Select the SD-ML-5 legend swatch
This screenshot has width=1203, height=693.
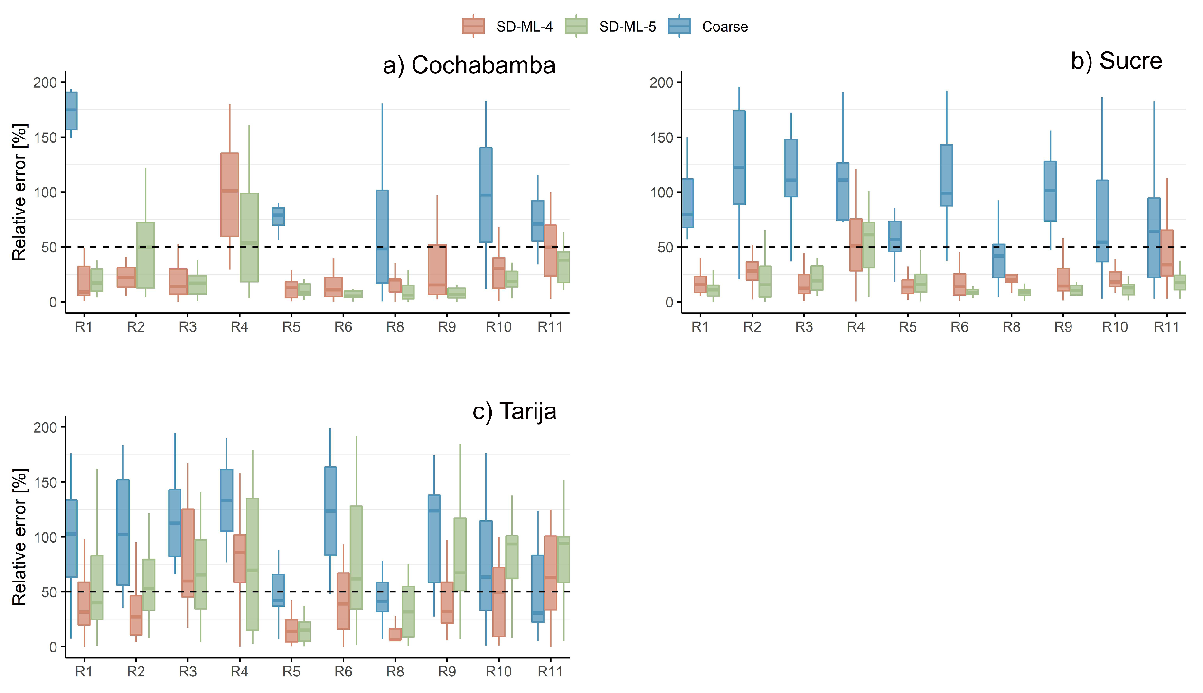tap(576, 26)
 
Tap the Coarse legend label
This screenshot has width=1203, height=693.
tap(724, 27)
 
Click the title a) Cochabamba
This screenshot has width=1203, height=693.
tap(469, 65)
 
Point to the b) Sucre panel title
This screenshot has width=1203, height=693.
tap(1116, 61)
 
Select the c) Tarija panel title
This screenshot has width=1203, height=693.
tap(514, 411)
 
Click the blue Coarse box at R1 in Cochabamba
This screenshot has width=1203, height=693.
tap(71, 111)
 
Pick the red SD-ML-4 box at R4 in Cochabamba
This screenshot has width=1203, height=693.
tap(230, 194)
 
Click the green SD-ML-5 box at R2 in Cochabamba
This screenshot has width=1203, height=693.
tap(145, 255)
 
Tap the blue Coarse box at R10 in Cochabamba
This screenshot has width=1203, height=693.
tap(486, 194)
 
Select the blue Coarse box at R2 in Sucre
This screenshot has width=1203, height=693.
tap(739, 157)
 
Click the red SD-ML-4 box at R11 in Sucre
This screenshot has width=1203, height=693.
tap(1167, 253)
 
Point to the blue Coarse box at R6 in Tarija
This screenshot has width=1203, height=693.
tap(330, 511)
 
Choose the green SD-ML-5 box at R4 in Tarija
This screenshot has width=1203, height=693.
tap(253, 564)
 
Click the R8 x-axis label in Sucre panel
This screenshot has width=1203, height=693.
tap(1011, 327)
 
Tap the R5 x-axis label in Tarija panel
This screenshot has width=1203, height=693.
tap(291, 672)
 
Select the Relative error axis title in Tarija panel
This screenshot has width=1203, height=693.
tap(19, 537)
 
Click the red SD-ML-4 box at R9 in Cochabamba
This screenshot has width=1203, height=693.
tap(437, 270)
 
